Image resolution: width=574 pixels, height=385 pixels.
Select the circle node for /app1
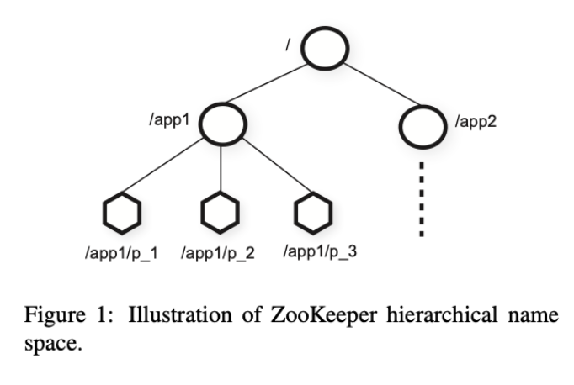[221, 124]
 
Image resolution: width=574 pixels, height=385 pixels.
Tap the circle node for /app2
[423, 124]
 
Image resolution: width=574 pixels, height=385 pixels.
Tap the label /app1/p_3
[320, 251]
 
